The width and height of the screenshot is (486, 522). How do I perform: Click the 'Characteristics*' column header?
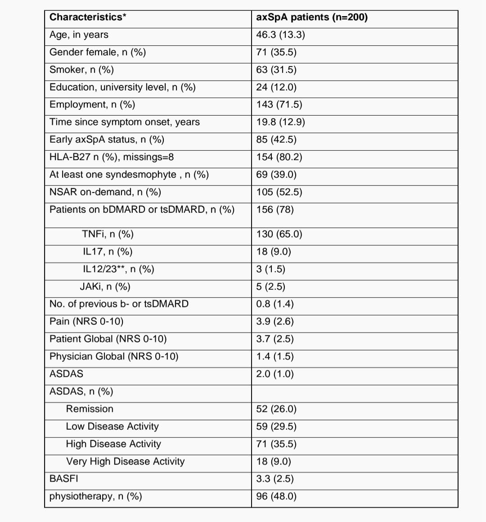tap(88, 18)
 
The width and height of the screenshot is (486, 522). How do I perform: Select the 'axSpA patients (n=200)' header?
tap(312, 18)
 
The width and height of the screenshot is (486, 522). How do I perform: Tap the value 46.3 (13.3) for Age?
tap(280, 35)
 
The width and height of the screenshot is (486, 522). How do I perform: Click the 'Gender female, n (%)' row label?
tap(98, 52)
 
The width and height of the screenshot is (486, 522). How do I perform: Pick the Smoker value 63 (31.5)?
tap(276, 70)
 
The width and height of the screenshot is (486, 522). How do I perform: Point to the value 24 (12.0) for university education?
tap(276, 87)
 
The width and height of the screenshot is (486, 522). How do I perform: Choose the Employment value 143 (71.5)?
tap(279, 104)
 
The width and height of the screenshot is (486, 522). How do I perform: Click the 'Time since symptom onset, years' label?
tap(125, 122)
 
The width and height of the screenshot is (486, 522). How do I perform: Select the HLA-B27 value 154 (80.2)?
tap(279, 157)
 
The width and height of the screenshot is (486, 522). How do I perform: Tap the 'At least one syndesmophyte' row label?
tap(129, 175)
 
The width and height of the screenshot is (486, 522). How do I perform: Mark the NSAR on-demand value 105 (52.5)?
tap(279, 192)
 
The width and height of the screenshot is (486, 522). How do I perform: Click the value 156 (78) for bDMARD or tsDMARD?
tap(275, 210)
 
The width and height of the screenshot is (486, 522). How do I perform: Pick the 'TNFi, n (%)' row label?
tap(108, 234)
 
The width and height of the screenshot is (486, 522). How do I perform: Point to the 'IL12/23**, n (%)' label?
tap(118, 269)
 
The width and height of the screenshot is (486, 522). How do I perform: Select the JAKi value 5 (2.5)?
tap(271, 287)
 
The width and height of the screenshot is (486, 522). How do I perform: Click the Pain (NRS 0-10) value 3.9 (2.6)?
tap(275, 321)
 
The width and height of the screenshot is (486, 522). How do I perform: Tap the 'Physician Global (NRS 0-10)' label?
tap(114, 356)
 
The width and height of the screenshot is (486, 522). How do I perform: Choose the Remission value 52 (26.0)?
tap(276, 409)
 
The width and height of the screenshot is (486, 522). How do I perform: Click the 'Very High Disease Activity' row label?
tap(125, 461)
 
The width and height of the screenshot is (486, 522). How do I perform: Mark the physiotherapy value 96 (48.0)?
tap(276, 496)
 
